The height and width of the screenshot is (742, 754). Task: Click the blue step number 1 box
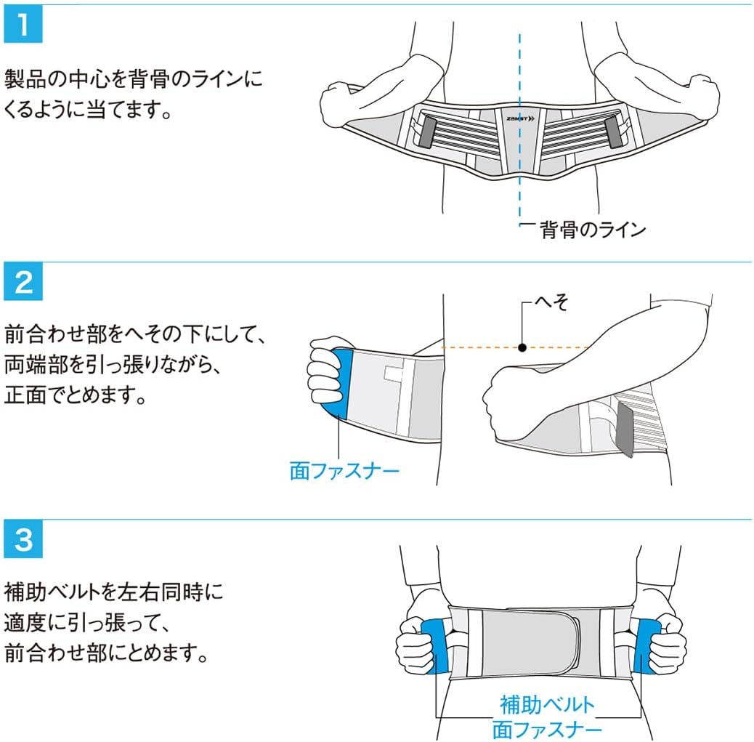pos(24,25)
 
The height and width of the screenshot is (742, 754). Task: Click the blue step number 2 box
pos(24,281)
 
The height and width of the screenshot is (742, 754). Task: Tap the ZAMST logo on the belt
pos(519,117)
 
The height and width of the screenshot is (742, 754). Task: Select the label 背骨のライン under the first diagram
pos(592,230)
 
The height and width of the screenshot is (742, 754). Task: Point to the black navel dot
pos(522,347)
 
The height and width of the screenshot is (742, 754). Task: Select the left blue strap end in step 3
pos(433,644)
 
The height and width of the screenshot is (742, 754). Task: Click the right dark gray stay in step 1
pos(614,132)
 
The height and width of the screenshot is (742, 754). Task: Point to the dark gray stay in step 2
pos(623,432)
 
